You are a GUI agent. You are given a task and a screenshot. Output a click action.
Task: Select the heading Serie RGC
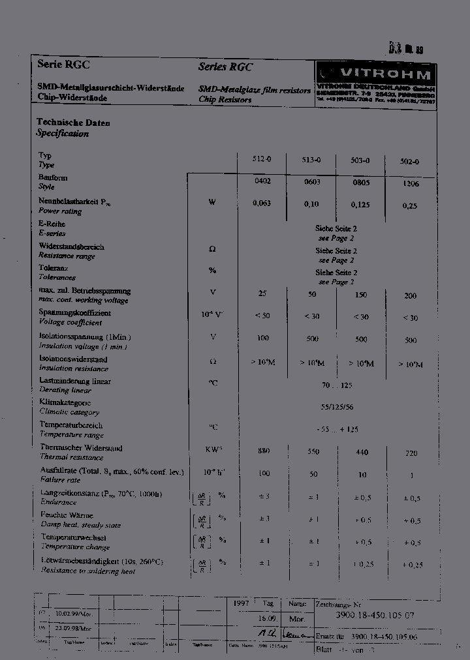63,65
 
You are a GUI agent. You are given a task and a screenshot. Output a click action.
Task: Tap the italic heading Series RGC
225,67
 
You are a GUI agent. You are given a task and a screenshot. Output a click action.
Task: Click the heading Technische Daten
73,122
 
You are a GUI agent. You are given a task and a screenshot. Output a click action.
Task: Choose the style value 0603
312,182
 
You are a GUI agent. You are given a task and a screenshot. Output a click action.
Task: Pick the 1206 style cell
411,184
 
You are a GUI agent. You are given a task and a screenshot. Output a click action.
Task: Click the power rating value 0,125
360,204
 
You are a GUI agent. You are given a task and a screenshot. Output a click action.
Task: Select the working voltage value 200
410,295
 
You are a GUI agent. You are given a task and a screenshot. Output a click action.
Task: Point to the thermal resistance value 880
264,451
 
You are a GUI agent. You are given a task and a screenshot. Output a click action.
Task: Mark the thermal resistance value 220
411,453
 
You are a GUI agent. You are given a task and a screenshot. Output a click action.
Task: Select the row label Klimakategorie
65,403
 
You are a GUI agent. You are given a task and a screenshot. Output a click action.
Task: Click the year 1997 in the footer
241,604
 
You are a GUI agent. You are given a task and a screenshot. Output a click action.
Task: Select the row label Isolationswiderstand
74,359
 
